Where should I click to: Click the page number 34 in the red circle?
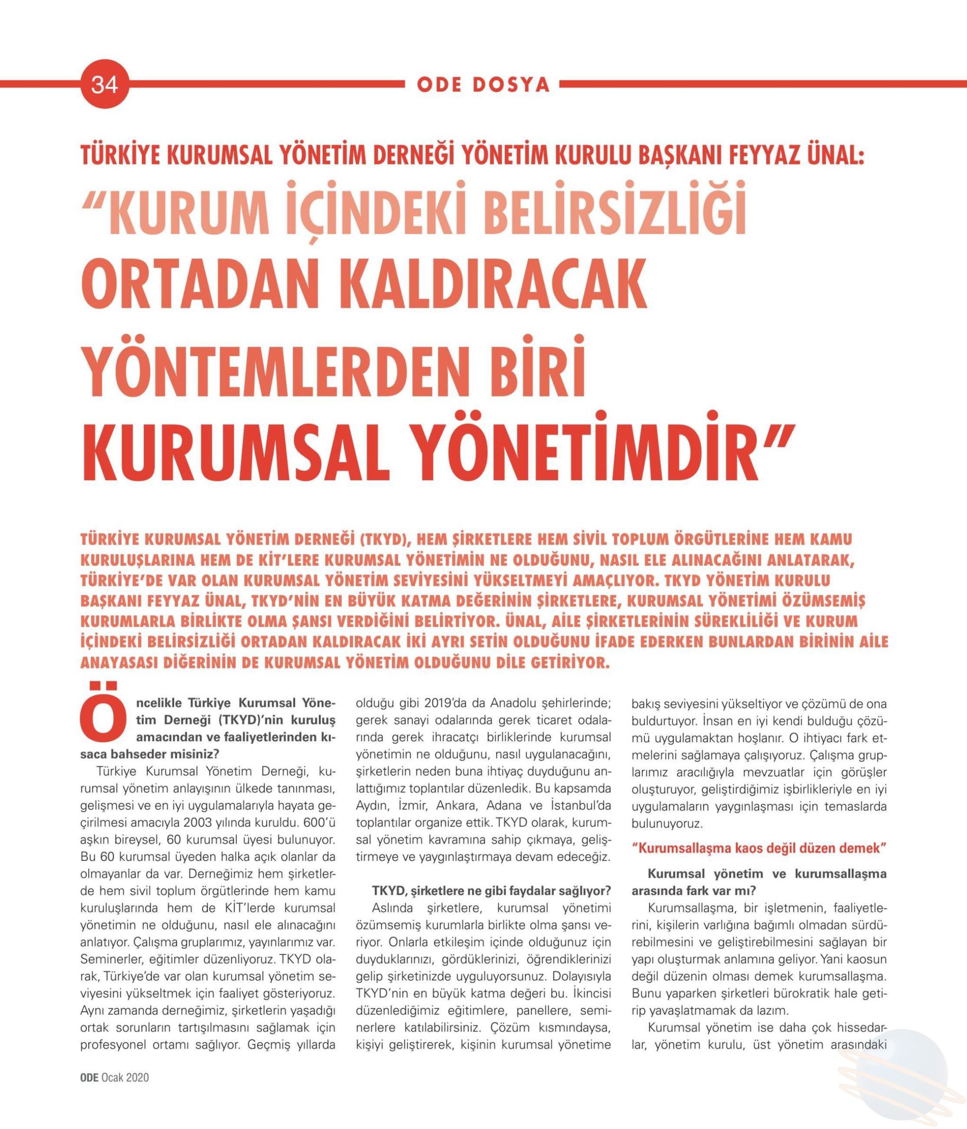[x=104, y=86]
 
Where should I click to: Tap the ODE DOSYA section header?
[x=483, y=86]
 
